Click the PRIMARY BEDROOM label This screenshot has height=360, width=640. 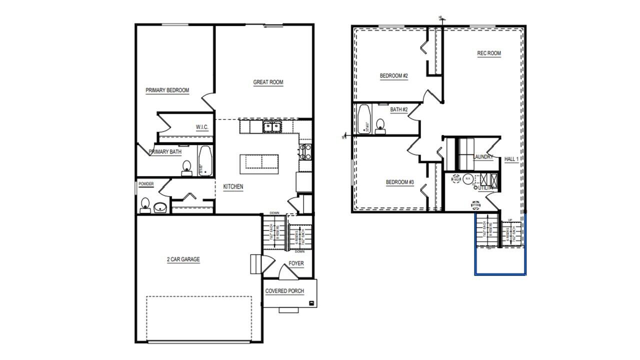pyautogui.click(x=167, y=90)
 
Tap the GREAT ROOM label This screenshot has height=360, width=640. pyautogui.click(x=268, y=82)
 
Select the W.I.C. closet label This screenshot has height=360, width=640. pyautogui.click(x=202, y=127)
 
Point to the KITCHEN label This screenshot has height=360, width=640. pyautogui.click(x=233, y=186)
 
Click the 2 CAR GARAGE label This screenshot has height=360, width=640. pyautogui.click(x=183, y=259)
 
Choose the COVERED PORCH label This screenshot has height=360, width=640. pyautogui.click(x=284, y=291)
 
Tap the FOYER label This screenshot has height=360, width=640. pyautogui.click(x=296, y=263)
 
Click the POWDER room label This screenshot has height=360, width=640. pyautogui.click(x=146, y=184)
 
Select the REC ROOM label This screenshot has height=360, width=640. pyautogui.click(x=488, y=53)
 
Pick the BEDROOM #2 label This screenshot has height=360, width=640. pyautogui.click(x=394, y=76)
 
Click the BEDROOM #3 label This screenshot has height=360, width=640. pyautogui.click(x=399, y=182)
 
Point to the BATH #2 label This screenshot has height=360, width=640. pyautogui.click(x=399, y=109)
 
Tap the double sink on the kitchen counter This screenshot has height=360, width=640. pyautogui.click(x=272, y=126)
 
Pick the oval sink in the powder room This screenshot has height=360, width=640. pyautogui.click(x=160, y=206)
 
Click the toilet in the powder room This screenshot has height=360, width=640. pyautogui.click(x=145, y=205)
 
